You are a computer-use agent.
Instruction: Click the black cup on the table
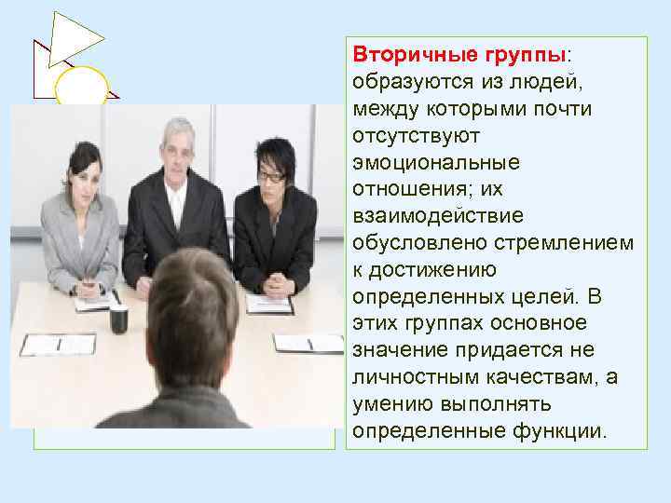pyautogui.click(x=119, y=319)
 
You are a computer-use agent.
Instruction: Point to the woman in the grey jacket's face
pyautogui.click(x=81, y=178)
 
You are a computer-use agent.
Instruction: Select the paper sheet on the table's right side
pyautogui.click(x=308, y=342)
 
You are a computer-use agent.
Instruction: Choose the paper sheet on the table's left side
pyautogui.click(x=58, y=344)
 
